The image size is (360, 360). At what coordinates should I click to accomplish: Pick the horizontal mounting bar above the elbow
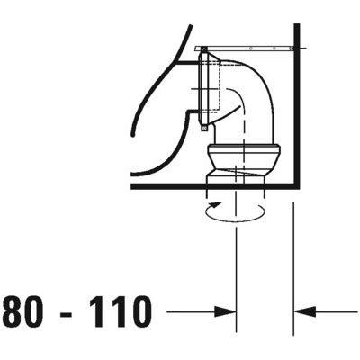pyautogui.click(x=247, y=48)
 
